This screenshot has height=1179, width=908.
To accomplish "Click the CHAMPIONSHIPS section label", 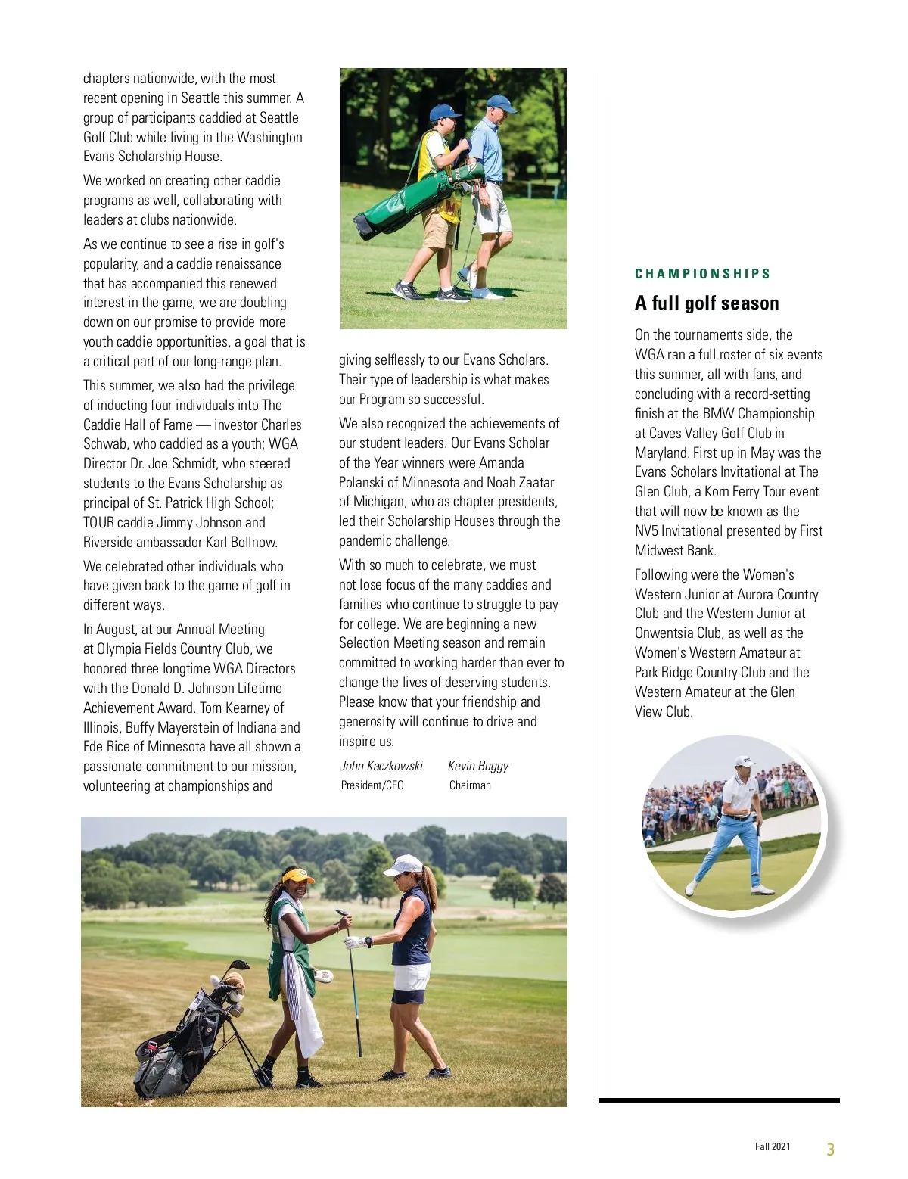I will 702,274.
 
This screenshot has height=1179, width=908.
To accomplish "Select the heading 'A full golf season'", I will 707,303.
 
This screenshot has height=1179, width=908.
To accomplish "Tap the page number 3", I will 830,1149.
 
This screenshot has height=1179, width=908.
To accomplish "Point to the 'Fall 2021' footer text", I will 772,1146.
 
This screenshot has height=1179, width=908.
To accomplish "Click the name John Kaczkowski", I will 381,766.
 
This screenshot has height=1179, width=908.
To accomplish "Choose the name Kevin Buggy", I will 477,766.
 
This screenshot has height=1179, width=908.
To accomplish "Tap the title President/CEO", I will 372,785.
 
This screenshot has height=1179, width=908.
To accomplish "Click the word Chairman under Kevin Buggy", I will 470,785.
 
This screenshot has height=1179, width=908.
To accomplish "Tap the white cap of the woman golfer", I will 404,864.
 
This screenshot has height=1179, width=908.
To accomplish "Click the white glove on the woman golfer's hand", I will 354,942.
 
